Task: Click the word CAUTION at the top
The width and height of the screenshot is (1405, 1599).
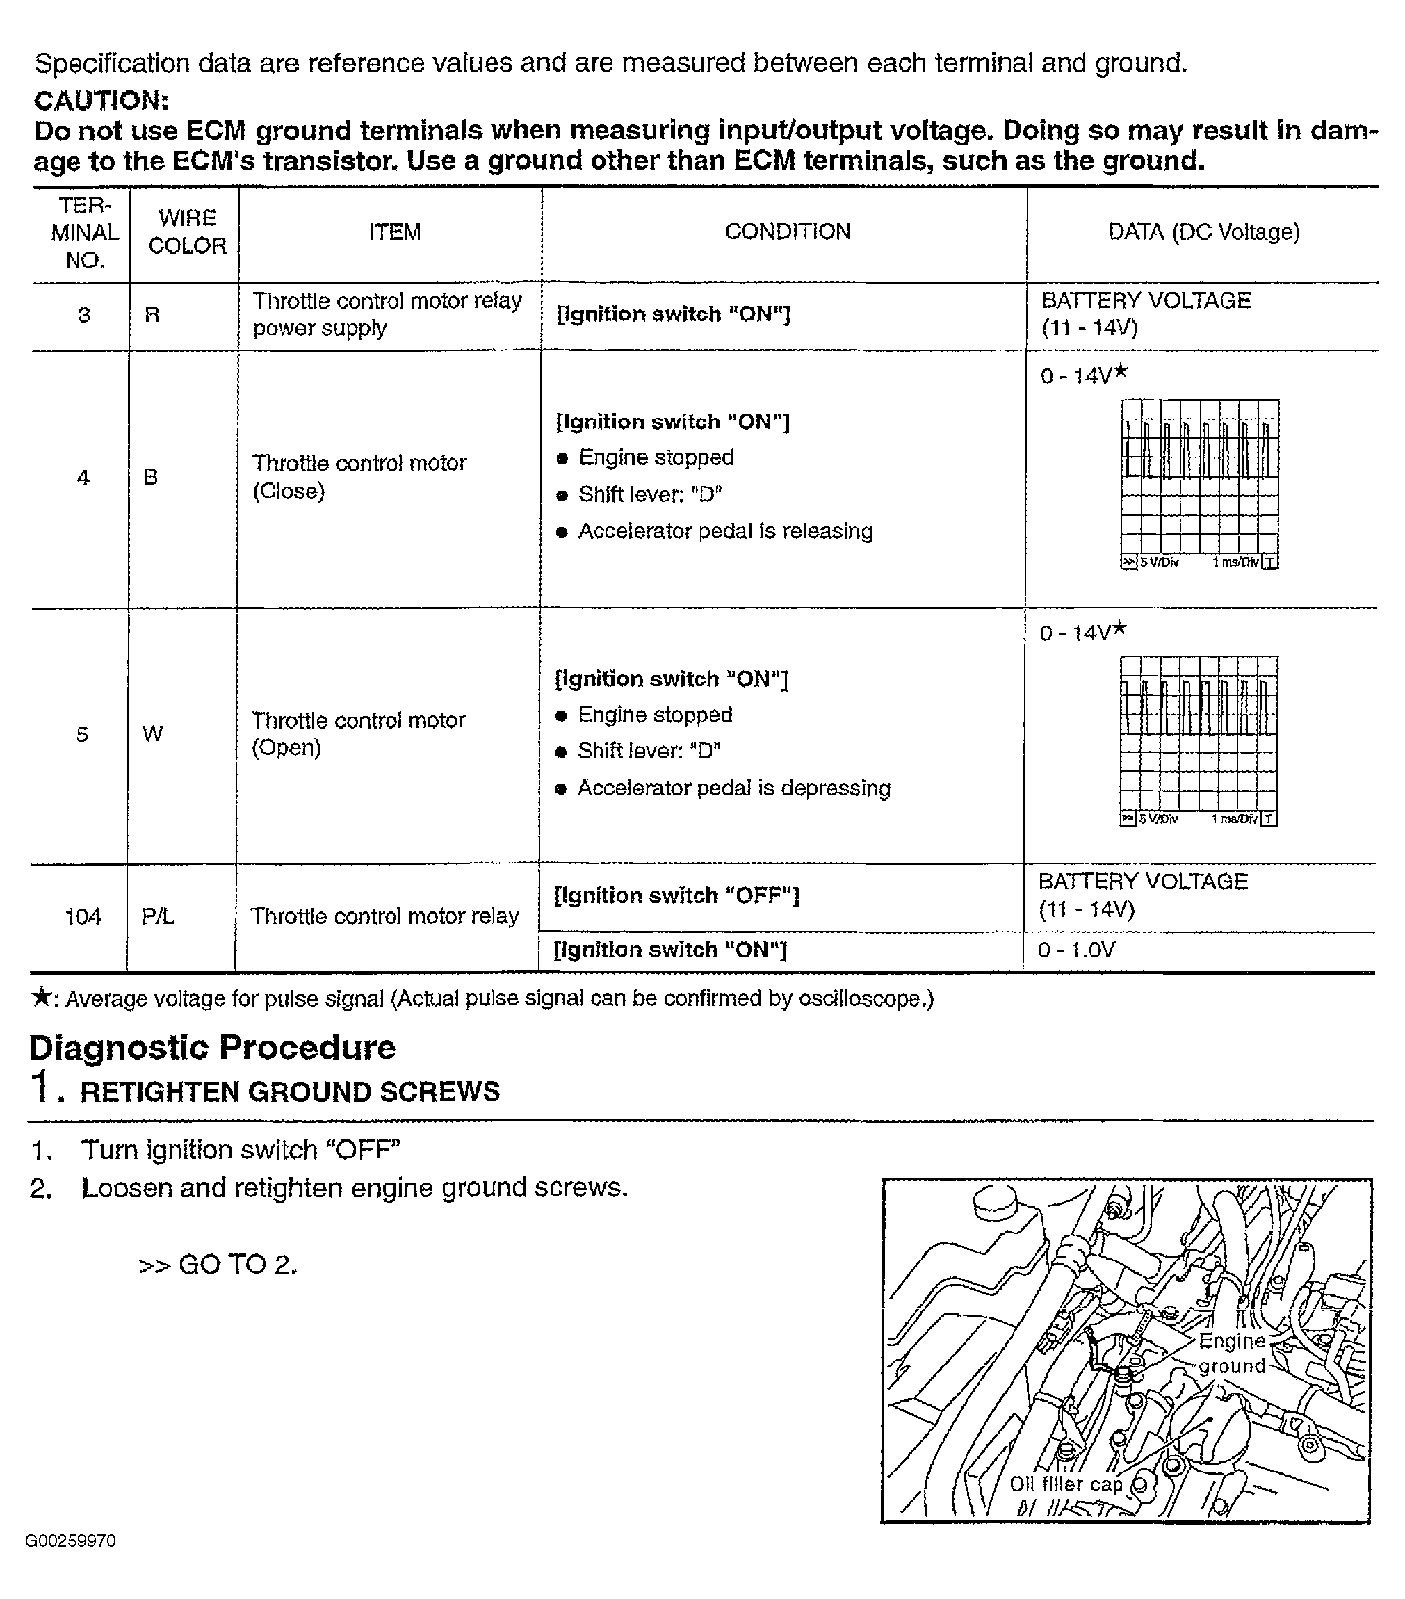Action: (x=101, y=100)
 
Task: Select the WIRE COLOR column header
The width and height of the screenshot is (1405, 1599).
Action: (x=187, y=232)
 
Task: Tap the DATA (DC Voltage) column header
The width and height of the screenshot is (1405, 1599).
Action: (x=1203, y=232)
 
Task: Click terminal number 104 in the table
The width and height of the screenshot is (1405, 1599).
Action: (x=82, y=916)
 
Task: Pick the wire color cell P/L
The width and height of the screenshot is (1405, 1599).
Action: (x=157, y=916)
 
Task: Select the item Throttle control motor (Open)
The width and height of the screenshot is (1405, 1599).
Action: (x=357, y=733)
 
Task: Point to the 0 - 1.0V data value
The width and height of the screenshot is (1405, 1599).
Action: (x=1076, y=950)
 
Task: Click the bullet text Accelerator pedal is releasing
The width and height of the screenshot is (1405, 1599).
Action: (x=724, y=531)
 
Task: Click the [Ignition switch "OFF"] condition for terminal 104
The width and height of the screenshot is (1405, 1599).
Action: (x=676, y=895)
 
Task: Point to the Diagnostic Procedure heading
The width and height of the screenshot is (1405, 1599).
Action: (x=212, y=1048)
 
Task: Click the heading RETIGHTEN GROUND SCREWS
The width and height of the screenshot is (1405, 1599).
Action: (x=289, y=1091)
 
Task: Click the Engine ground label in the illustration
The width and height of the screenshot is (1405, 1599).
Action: (x=1231, y=1354)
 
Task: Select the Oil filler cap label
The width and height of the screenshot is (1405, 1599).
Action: (x=1065, y=1484)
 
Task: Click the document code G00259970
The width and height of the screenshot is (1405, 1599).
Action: (x=70, y=1541)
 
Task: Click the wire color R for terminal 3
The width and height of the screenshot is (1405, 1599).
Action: (x=152, y=314)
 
